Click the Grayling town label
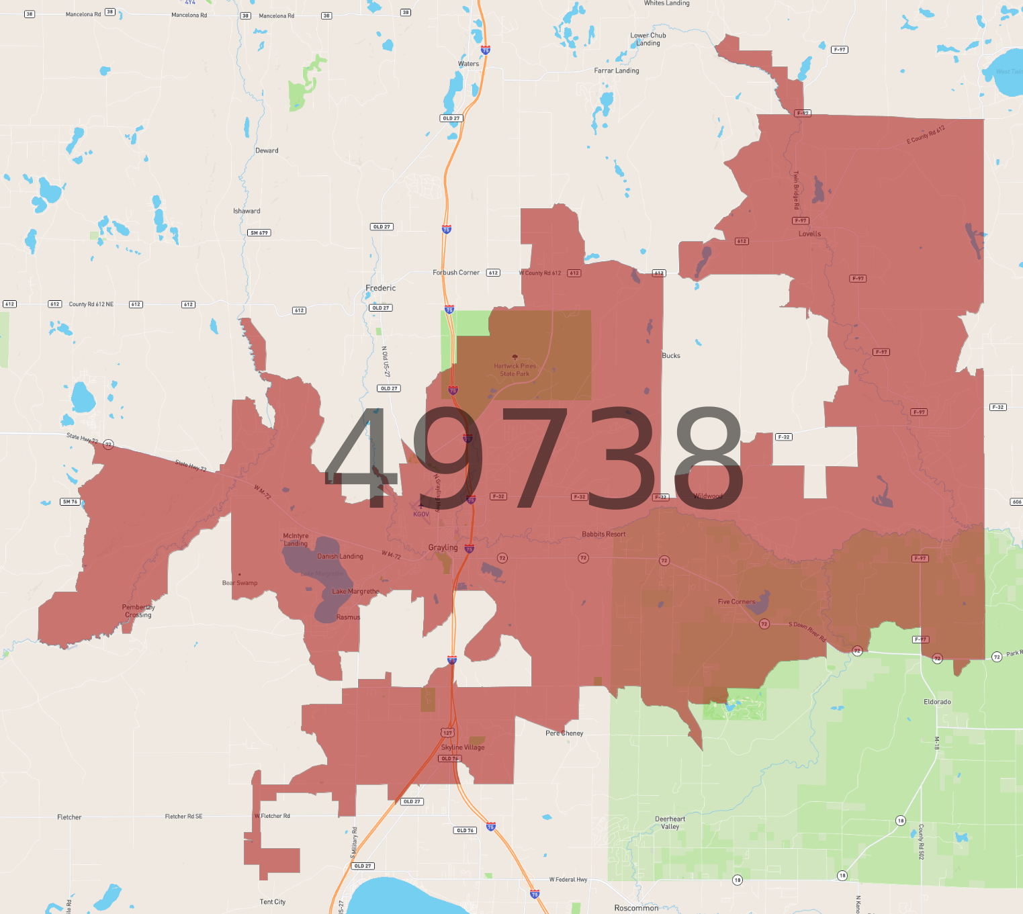[x=443, y=547]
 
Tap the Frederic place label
[x=380, y=288]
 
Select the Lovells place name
[x=809, y=234]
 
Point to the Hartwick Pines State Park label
[x=515, y=369]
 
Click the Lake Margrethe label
[x=355, y=592]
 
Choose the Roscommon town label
[x=636, y=908]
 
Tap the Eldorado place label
[x=937, y=702]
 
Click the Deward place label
[x=267, y=150]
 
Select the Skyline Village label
[x=463, y=747]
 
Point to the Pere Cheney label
[x=564, y=733]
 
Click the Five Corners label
[x=736, y=602]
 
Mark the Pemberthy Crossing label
[x=138, y=610]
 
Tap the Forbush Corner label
[x=456, y=273]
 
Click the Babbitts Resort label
[x=603, y=535]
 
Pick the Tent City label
[x=273, y=902]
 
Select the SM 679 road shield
[x=259, y=233]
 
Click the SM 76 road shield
[x=70, y=502]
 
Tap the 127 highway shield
[x=447, y=733]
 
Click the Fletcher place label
[x=69, y=817]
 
